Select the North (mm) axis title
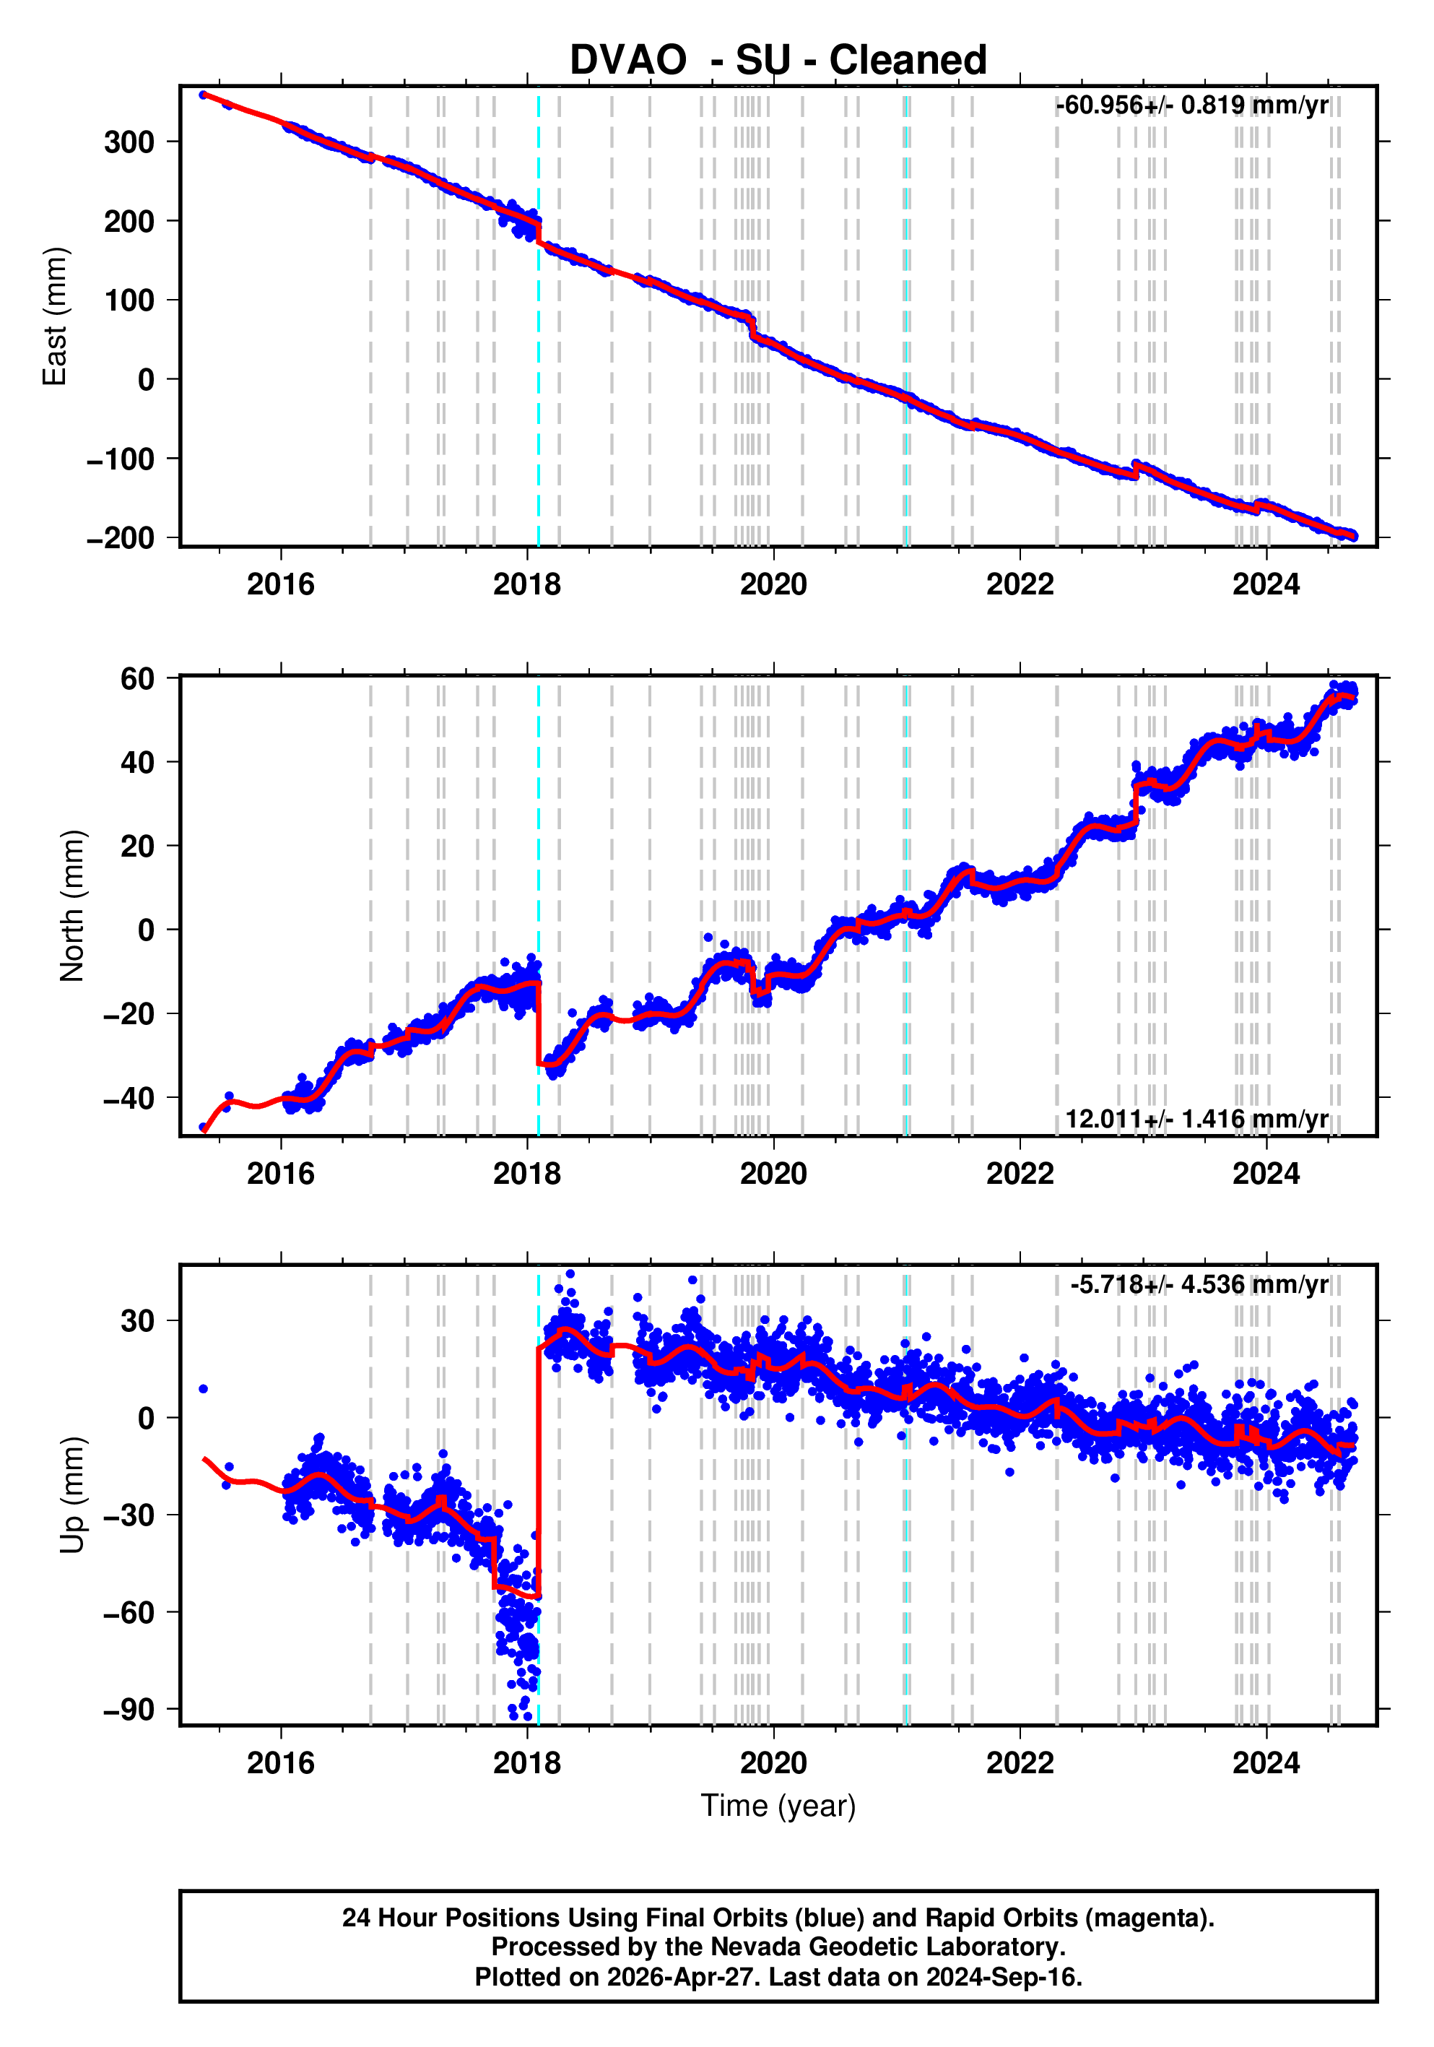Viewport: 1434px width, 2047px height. [72, 906]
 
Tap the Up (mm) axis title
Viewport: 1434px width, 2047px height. [72, 1494]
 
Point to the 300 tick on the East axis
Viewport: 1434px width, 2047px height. [129, 142]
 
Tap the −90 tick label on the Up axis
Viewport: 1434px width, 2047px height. [129, 1710]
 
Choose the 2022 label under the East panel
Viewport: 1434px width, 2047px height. [1020, 585]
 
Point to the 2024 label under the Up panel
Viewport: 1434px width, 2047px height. [1266, 1762]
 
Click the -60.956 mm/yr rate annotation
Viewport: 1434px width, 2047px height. [1191, 105]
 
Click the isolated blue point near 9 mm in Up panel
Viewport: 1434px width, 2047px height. [203, 1389]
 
